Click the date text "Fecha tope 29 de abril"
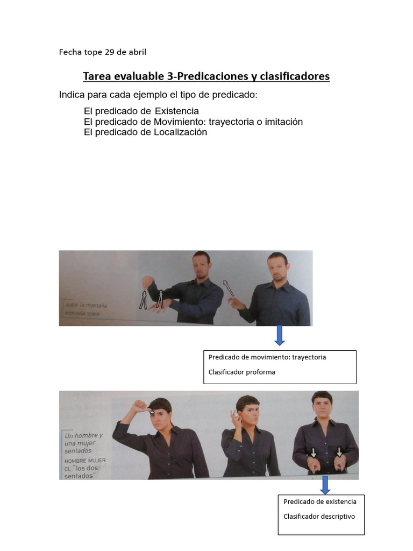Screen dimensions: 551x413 [x=102, y=52]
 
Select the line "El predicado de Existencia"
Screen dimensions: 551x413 [x=141, y=111]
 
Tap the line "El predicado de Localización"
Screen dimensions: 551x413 [x=145, y=132]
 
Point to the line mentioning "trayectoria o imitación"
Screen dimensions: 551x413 [x=193, y=122]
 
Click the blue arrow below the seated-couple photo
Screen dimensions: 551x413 [x=325, y=484]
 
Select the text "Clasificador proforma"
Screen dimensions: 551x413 [x=241, y=372]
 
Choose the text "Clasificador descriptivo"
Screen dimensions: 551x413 [x=319, y=517]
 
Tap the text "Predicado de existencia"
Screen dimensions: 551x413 [x=320, y=501]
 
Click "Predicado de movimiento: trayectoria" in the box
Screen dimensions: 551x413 [x=267, y=357]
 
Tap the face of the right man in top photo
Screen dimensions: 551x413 [x=277, y=267]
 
